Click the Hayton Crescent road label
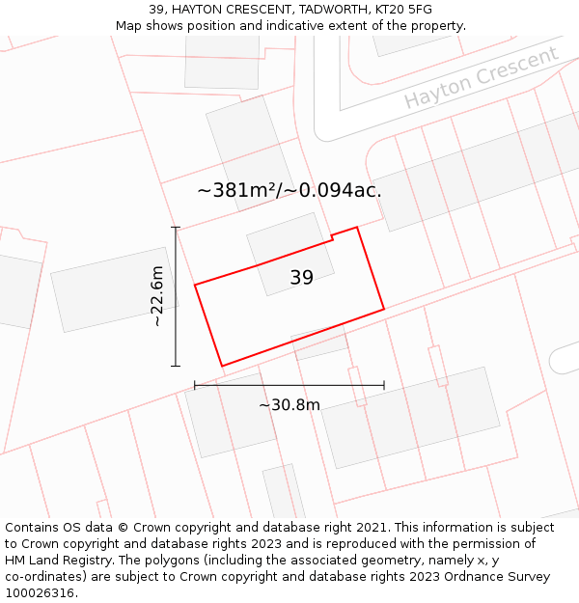click(x=481, y=76)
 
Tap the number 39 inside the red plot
click(x=301, y=278)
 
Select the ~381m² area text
click(x=237, y=190)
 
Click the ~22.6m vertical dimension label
click(x=158, y=296)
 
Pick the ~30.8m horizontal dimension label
click(x=289, y=405)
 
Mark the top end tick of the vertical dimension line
click(x=176, y=228)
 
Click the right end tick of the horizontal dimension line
click(x=384, y=385)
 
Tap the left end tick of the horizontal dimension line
click(x=195, y=385)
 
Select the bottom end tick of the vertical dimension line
click(x=176, y=366)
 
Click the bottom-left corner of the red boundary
click(x=222, y=366)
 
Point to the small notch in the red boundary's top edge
click(x=332, y=236)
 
